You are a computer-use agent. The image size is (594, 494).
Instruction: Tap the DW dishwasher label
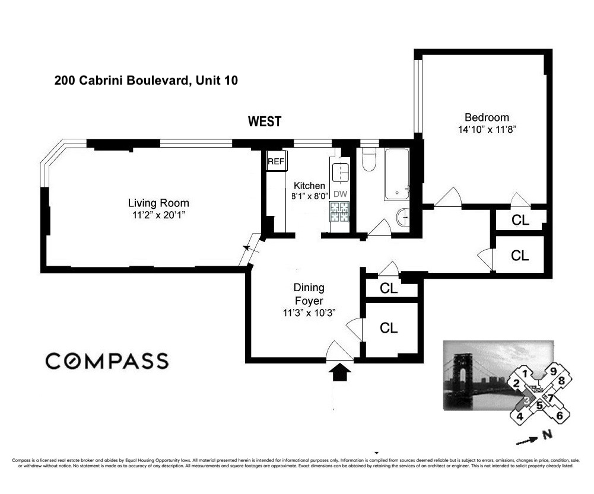tap(340, 194)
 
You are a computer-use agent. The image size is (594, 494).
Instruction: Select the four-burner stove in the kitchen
tap(340, 212)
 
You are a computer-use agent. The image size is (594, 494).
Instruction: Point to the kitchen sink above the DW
tap(341, 173)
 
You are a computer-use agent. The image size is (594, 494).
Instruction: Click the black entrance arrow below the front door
tap(340, 372)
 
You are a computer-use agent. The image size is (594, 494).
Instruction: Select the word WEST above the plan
tap(265, 122)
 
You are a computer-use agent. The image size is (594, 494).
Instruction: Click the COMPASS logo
tap(107, 361)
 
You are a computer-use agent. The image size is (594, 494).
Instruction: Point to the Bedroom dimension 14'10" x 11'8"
tap(487, 130)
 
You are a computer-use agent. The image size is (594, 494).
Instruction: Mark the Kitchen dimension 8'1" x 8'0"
tap(309, 195)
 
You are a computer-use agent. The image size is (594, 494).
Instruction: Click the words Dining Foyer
tap(309, 294)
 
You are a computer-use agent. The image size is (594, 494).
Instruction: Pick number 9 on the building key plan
tap(553, 372)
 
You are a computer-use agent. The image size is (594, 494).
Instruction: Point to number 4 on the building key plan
tap(520, 416)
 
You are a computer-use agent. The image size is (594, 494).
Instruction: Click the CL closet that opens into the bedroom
tap(520, 220)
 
